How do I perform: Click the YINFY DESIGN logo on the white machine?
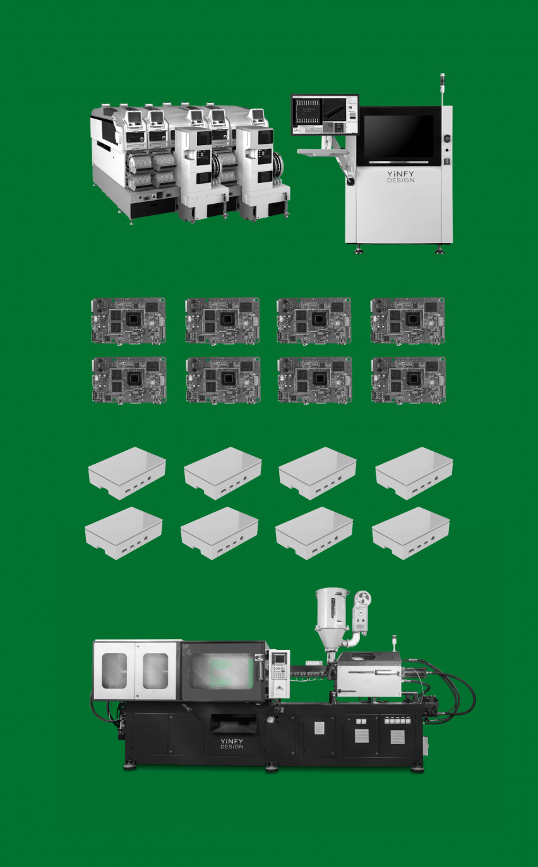coord(401,177)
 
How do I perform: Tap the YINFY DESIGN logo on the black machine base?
coord(232,743)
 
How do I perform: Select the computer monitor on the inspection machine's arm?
coord(325,114)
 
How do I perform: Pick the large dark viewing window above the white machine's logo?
coord(398,138)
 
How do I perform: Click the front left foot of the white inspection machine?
coord(359,250)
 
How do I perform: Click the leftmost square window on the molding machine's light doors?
coord(114,671)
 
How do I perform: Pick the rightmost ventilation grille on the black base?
coord(397,736)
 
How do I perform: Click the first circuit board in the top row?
coord(129,321)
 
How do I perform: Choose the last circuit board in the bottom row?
coord(409,380)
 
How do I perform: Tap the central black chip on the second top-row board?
coord(226,319)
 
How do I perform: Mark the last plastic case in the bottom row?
coord(411,533)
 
